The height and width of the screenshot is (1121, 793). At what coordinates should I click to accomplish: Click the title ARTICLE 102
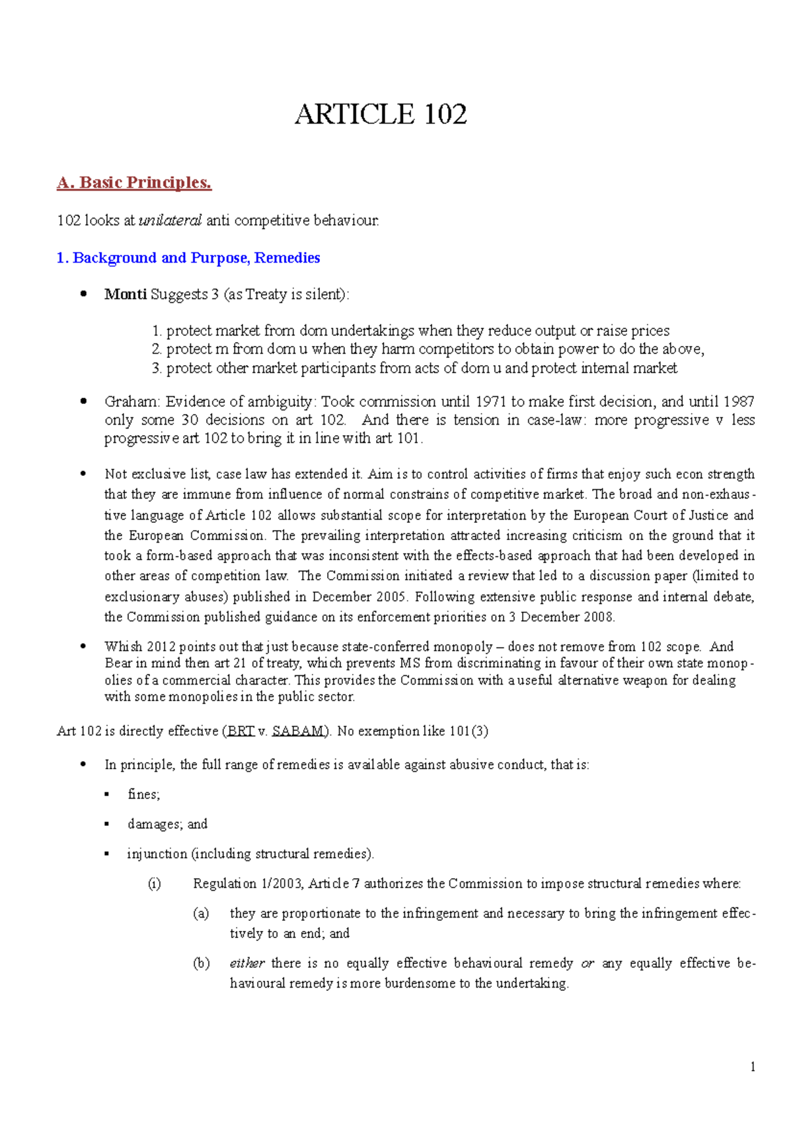[381, 114]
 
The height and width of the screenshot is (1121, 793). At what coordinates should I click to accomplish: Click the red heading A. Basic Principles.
[134, 183]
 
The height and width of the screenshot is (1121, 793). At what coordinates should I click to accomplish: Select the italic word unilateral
[170, 221]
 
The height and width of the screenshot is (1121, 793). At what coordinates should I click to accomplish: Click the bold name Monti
[125, 294]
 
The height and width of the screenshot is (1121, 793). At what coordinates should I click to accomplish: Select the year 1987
[738, 401]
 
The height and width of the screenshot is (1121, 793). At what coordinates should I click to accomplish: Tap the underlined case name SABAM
[298, 731]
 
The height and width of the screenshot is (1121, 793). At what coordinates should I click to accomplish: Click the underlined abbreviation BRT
[241, 731]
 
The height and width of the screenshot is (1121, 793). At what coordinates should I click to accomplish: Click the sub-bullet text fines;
[144, 794]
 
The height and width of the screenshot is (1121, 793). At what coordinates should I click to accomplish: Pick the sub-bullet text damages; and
[167, 824]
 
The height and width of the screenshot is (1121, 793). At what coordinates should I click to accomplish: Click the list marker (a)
[201, 913]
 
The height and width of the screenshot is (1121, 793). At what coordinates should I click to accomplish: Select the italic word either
[247, 963]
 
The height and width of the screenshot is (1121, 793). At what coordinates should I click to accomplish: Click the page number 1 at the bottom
[753, 1067]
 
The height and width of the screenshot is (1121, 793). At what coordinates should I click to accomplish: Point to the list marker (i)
[154, 883]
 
